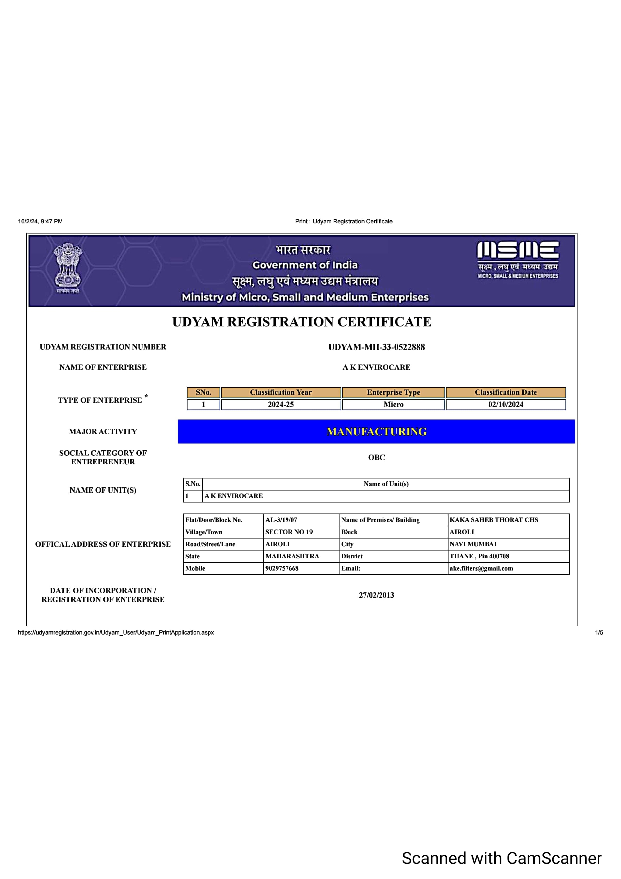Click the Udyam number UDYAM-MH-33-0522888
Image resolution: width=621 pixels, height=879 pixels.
pyautogui.click(x=376, y=347)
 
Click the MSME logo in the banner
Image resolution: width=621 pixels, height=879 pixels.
pyautogui.click(x=518, y=259)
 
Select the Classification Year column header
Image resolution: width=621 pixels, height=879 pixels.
pyautogui.click(x=281, y=393)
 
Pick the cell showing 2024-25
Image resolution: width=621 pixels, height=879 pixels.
pyautogui.click(x=281, y=405)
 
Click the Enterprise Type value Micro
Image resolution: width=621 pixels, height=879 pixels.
pyautogui.click(x=393, y=405)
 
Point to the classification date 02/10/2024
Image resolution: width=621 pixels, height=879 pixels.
pyautogui.click(x=506, y=405)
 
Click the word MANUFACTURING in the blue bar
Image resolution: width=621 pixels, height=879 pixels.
pyautogui.click(x=376, y=432)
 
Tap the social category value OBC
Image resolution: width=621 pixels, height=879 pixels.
pyautogui.click(x=376, y=457)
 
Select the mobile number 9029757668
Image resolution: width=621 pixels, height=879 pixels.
pyautogui.click(x=282, y=569)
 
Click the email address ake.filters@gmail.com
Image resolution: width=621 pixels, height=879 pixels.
pyautogui.click(x=481, y=569)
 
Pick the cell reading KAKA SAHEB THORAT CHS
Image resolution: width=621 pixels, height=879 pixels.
pyautogui.click(x=494, y=520)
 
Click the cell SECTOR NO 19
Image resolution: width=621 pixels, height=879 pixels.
pyautogui.click(x=289, y=532)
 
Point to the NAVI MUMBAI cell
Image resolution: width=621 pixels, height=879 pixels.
pyautogui.click(x=473, y=544)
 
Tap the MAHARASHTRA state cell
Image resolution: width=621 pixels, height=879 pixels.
pyautogui.click(x=292, y=556)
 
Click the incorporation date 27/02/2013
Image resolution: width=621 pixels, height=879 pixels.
pyautogui.click(x=376, y=595)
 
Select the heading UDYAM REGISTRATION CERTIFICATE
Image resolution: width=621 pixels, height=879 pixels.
pyautogui.click(x=301, y=322)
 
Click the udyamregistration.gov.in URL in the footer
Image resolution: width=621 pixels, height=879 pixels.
pyautogui.click(x=116, y=633)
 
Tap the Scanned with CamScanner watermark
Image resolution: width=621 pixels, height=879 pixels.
pyautogui.click(x=502, y=858)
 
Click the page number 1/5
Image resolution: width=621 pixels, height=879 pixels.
pyautogui.click(x=599, y=633)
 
